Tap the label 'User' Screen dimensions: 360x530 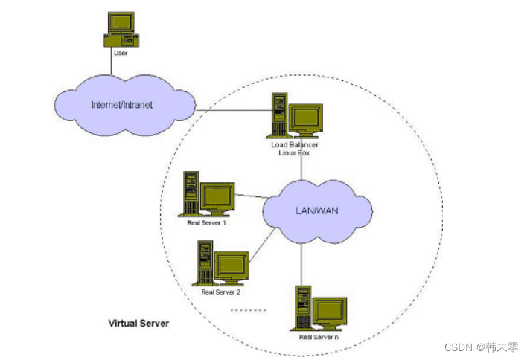[120, 54]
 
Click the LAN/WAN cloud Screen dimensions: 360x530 [317, 211]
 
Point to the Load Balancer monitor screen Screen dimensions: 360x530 [306, 118]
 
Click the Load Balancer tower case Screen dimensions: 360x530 [279, 114]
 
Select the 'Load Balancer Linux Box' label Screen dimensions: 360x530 [294, 149]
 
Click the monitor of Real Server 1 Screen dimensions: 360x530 [217, 197]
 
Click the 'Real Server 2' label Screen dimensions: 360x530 [221, 292]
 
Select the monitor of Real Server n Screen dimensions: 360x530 [330, 310]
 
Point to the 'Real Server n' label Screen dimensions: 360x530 [319, 337]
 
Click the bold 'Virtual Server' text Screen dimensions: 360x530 [138, 324]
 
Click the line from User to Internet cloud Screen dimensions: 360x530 [112, 65]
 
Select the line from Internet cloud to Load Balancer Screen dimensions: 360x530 [231, 112]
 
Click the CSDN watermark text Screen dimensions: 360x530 [481, 347]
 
